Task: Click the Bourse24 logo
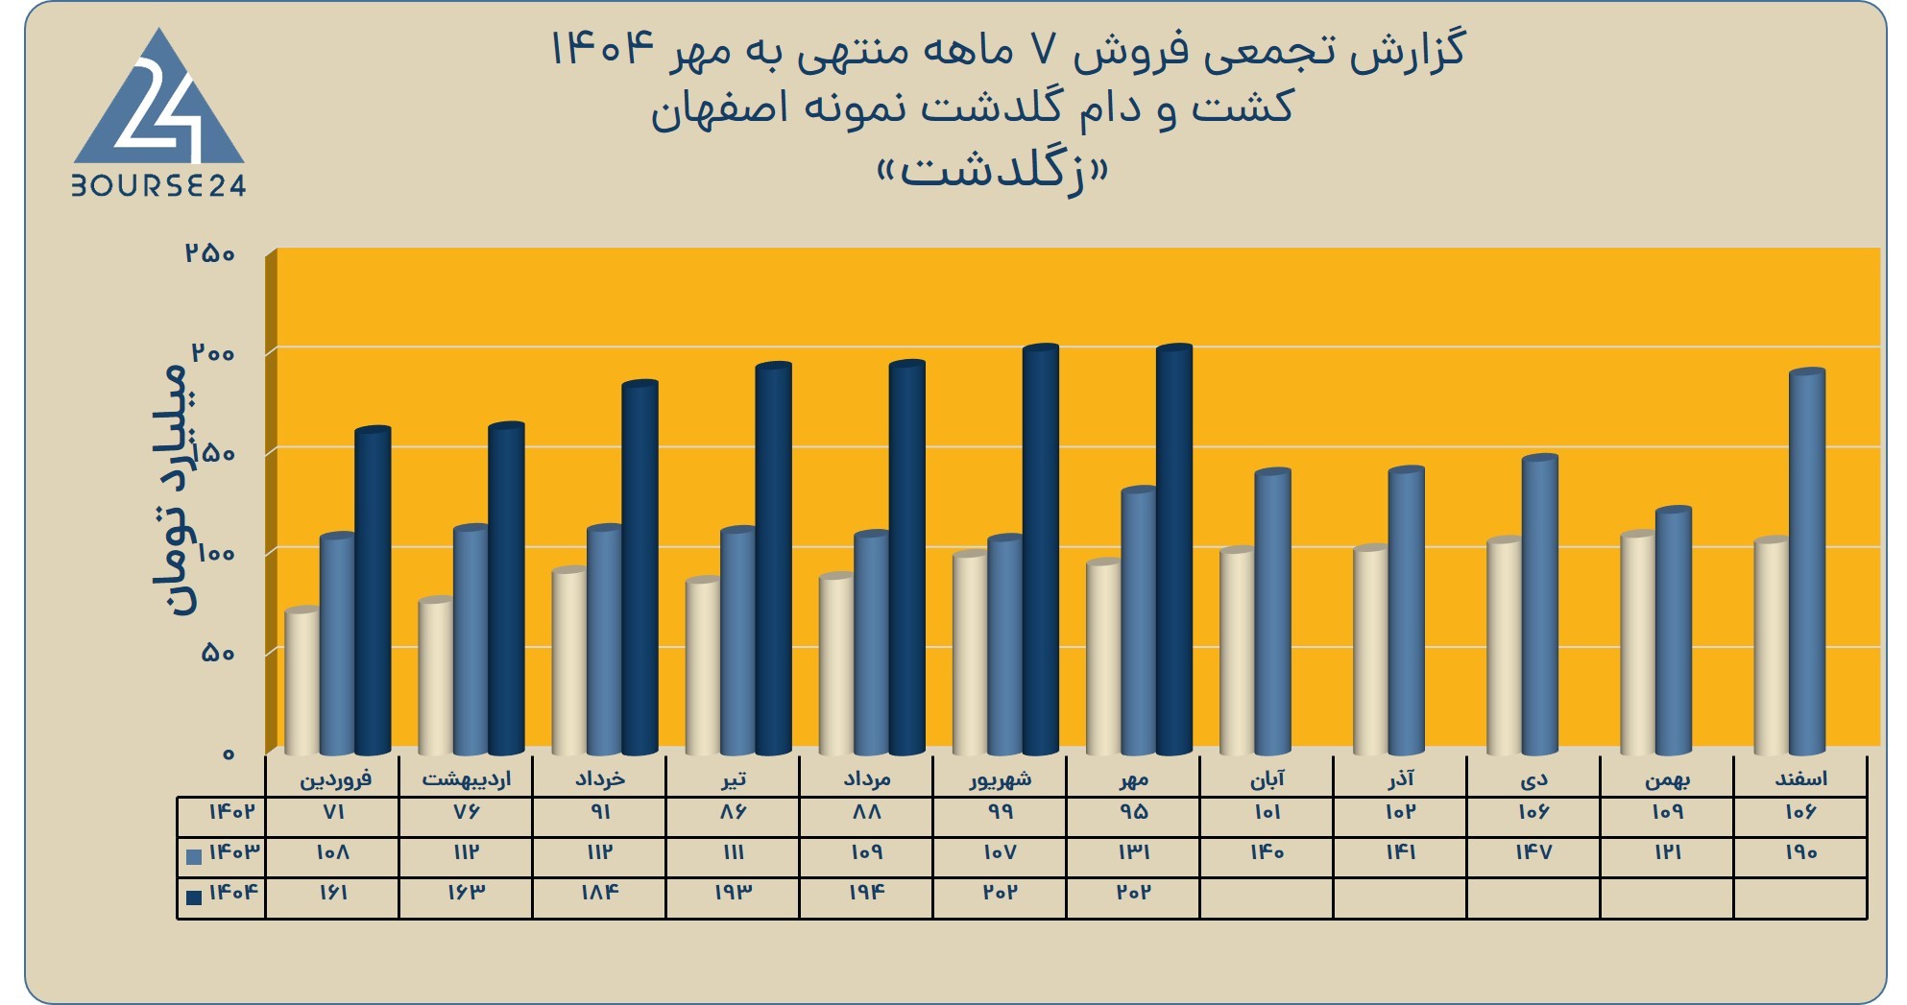click(159, 112)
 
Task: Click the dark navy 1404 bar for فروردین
click(373, 590)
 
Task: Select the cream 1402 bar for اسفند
click(1772, 646)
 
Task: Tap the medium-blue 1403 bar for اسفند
click(1807, 562)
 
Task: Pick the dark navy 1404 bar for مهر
click(1173, 549)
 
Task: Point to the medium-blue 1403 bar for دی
click(1540, 605)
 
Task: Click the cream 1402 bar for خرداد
click(569, 661)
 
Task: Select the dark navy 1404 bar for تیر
click(773, 559)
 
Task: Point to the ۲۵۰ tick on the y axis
click(210, 253)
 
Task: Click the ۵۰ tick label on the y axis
click(218, 653)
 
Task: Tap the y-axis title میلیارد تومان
click(174, 489)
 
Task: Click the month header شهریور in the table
click(1001, 778)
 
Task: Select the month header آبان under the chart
click(1267, 778)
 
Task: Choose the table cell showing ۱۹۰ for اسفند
click(1800, 852)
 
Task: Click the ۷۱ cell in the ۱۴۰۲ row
click(333, 812)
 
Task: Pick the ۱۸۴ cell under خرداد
click(599, 893)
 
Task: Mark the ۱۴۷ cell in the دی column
click(1533, 852)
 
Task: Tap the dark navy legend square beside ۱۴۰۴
click(194, 897)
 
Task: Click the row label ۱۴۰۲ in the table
click(232, 812)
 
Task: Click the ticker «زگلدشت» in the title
click(993, 171)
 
